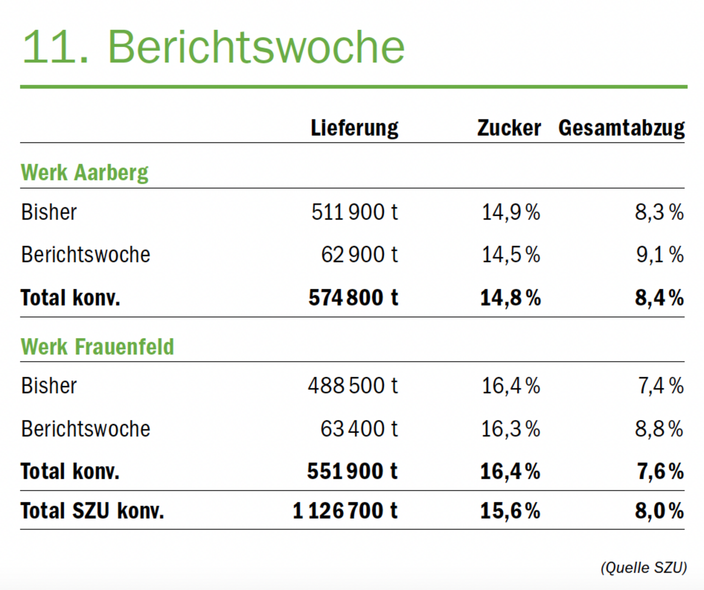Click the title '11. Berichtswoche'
pos(213,47)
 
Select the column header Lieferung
pos(355,128)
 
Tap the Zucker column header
pos(509,128)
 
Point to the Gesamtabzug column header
pos(622,128)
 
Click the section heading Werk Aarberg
pos(84,173)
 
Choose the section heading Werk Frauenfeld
pos(97,347)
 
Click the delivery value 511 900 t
pos(355,212)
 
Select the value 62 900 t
pos(360,255)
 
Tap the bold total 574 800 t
pos(353,297)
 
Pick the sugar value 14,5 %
pos(511,255)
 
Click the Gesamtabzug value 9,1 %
pos(660,255)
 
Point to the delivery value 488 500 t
pos(353,386)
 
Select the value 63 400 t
pos(359,429)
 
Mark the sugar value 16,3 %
pos(510,429)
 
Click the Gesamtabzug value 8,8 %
pos(659,429)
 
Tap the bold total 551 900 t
pos(352,471)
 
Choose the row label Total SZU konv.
pos(92,511)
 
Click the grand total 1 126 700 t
pos(345,511)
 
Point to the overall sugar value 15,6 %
pos(510,511)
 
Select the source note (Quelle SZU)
pos(644,567)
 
